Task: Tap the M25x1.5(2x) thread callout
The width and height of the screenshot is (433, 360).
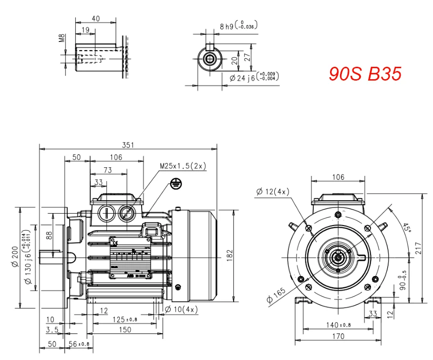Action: tap(183, 166)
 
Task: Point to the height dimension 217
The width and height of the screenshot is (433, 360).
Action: tap(418, 249)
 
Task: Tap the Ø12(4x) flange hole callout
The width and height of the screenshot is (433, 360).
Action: tap(273, 192)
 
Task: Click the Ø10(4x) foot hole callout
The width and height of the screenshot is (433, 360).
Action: tap(181, 309)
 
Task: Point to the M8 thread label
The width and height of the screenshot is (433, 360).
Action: tap(62, 38)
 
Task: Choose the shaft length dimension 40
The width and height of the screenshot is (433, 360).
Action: tap(95, 18)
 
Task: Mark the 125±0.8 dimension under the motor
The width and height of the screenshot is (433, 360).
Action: tap(124, 319)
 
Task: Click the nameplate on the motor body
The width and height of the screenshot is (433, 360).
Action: tap(130, 258)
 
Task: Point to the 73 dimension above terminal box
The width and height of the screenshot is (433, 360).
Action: tap(108, 170)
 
